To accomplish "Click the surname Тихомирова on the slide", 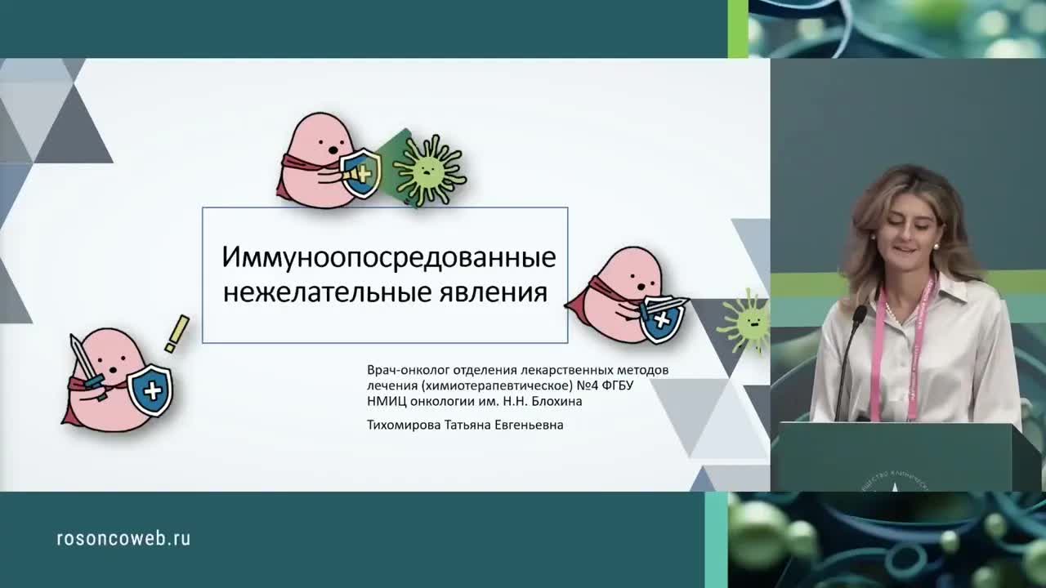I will coord(404,425).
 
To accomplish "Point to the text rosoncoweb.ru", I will coord(123,538).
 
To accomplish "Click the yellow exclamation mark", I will coord(177,334).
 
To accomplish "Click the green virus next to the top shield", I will coord(428,170).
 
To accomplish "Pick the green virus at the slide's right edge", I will coord(745,321).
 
